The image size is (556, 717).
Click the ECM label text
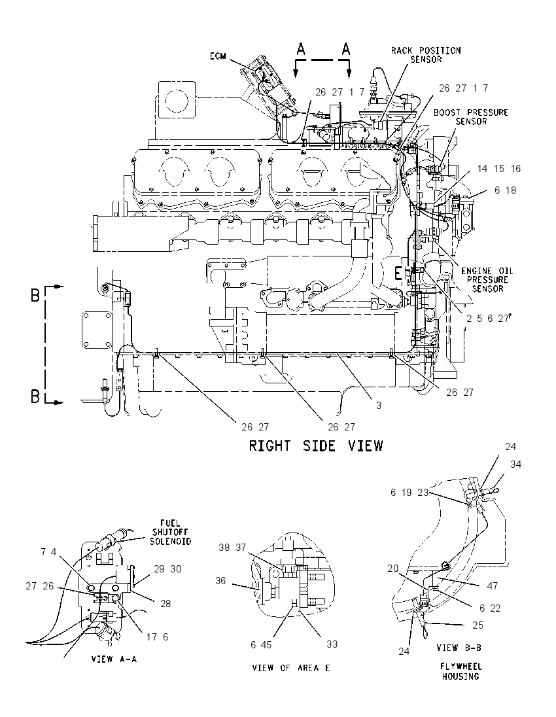(218, 56)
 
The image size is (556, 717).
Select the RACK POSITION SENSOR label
(426, 55)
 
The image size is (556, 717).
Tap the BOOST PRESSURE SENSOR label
(470, 116)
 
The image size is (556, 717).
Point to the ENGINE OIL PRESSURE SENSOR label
(487, 279)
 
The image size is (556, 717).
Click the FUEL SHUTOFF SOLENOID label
(171, 532)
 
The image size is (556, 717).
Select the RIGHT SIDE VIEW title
(316, 446)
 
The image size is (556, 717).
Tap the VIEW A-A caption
(114, 659)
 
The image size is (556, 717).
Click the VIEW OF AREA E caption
(291, 668)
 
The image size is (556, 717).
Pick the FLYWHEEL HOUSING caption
(461, 671)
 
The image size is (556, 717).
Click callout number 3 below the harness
(379, 405)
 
